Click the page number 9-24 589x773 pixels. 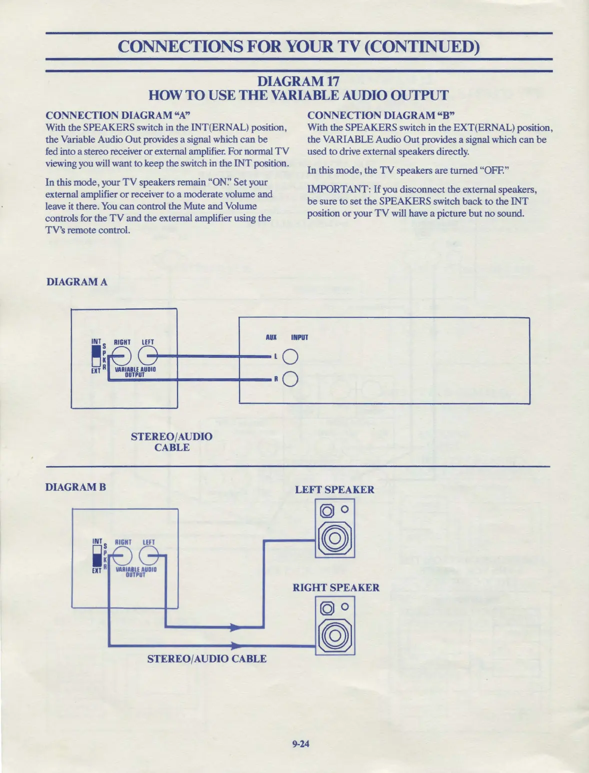(301, 744)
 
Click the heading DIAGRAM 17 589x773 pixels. (298, 81)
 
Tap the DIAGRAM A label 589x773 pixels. (76, 282)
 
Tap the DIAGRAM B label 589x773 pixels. (75, 487)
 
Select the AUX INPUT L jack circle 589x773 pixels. (290, 357)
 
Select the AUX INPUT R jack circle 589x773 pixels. (290, 380)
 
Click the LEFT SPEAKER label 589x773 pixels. (334, 490)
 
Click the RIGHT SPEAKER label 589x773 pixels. (336, 588)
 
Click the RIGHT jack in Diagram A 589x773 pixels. (121, 356)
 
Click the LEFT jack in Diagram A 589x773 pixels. (147, 356)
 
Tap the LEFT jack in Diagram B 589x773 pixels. (148, 556)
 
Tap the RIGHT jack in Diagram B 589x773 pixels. (122, 556)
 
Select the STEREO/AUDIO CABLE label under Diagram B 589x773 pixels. (206, 659)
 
